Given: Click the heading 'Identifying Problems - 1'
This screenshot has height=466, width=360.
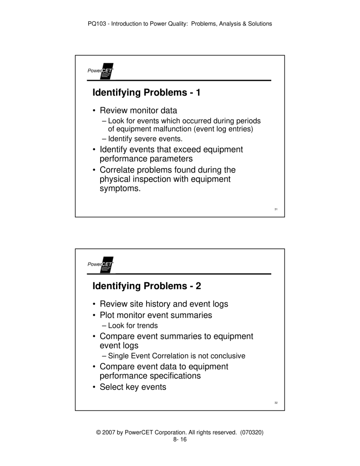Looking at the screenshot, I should [x=146, y=93].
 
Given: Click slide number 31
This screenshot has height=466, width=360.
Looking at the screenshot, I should [x=276, y=210].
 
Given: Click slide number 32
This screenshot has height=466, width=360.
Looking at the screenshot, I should [x=276, y=403].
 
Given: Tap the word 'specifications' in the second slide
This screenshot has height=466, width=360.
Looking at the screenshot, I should [x=172, y=376].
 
